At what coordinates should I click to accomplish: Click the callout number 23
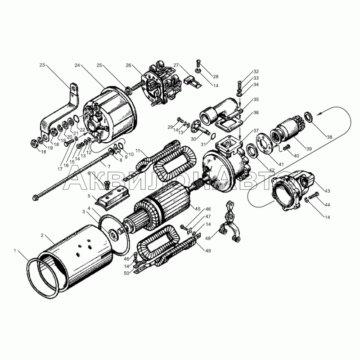pyautogui.click(x=42, y=65)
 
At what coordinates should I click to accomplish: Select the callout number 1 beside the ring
pyautogui.click(x=15, y=251)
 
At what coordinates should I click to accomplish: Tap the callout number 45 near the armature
pyautogui.click(x=198, y=209)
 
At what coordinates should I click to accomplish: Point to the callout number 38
pyautogui.click(x=329, y=137)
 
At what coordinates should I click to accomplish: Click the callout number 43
pyautogui.click(x=327, y=191)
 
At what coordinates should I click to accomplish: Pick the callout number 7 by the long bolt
pyautogui.click(x=109, y=166)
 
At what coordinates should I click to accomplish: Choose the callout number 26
pyautogui.click(x=128, y=65)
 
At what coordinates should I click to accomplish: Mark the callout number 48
pyautogui.click(x=208, y=238)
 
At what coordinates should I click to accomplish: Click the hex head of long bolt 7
pyautogui.click(x=35, y=198)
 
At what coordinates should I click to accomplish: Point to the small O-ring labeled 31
pyautogui.click(x=213, y=136)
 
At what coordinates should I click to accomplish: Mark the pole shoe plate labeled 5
pyautogui.click(x=112, y=198)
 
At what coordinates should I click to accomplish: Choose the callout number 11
pyautogui.click(x=138, y=151)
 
